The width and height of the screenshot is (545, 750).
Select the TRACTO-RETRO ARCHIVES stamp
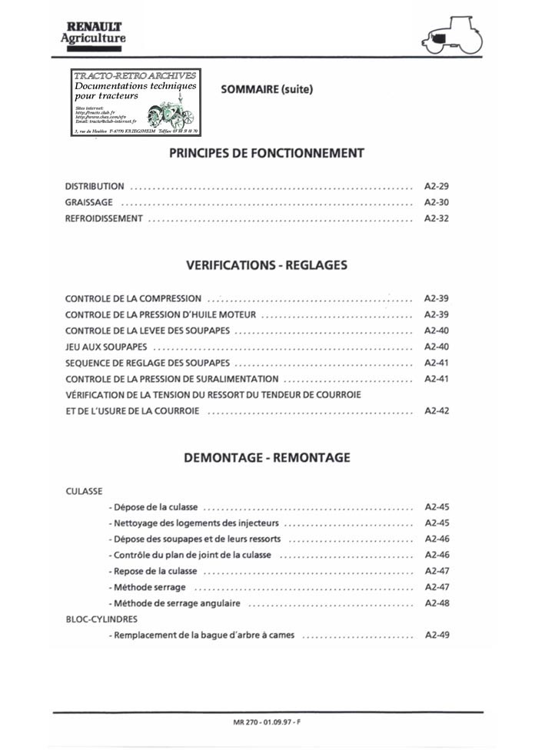pos(135,103)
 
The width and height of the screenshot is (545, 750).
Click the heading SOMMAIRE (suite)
pos(267,89)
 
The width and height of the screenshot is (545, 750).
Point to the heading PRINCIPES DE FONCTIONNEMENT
pos(266,153)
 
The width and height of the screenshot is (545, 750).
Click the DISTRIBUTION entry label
pos(95,186)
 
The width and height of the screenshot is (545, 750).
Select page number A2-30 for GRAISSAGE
pos(437,202)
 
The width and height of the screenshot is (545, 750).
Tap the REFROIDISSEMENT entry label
pos(104,218)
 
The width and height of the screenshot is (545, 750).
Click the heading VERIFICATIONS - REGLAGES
pos(267,265)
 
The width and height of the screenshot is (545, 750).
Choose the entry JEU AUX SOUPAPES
pos(106,347)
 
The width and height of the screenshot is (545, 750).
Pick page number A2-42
pos(437,411)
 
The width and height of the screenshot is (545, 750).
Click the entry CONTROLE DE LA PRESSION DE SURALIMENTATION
pos(172,379)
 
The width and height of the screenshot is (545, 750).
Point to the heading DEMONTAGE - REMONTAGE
pos(267,457)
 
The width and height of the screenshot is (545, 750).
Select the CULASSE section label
pos(84,490)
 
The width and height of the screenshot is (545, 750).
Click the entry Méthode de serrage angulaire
pos(175,603)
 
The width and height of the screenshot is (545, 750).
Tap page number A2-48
pos(437,603)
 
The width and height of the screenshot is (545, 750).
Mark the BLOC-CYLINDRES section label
pos(101,619)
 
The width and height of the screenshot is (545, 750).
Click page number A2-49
pos(437,636)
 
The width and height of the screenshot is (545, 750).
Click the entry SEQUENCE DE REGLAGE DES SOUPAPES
pos(148,363)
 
